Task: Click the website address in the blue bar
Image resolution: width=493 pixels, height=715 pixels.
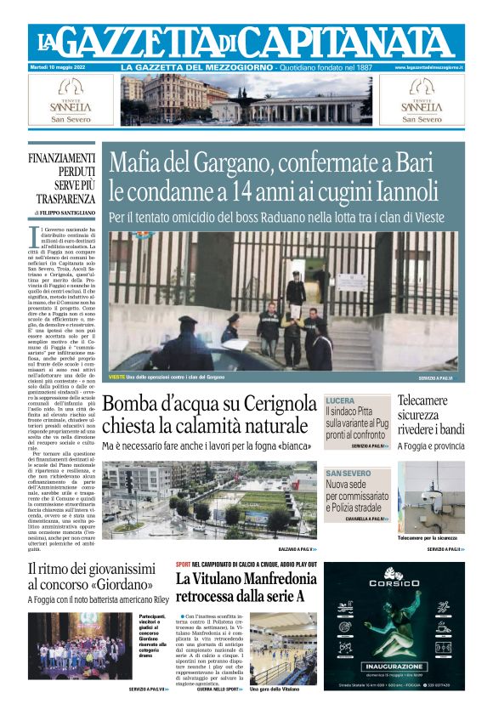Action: tap(428, 66)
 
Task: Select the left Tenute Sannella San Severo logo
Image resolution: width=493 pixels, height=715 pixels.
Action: tap(71, 101)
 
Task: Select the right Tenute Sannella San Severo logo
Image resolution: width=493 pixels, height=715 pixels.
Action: tap(422, 101)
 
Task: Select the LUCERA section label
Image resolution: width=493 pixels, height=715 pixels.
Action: tap(340, 400)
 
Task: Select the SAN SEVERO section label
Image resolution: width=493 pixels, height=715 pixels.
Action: tap(348, 473)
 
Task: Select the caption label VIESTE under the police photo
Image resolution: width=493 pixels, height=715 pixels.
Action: tap(116, 377)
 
